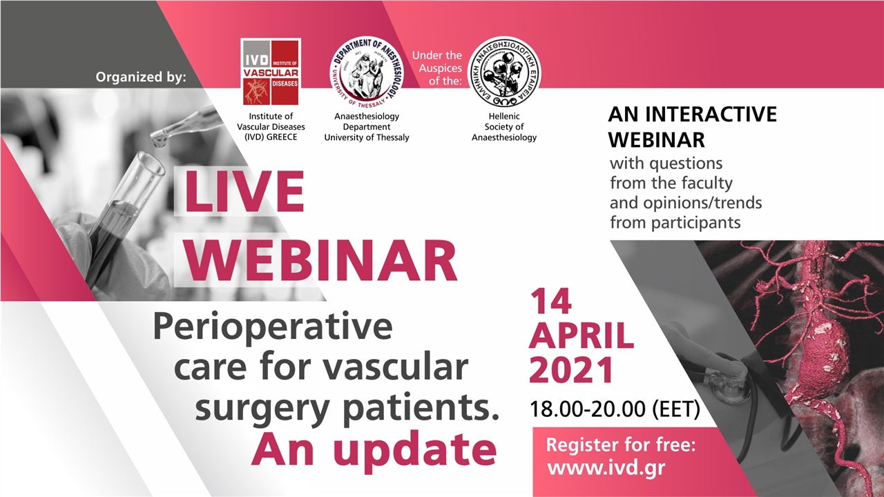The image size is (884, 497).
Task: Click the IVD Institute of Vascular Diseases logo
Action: [x=270, y=72]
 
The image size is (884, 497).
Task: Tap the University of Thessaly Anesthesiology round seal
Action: [x=367, y=73]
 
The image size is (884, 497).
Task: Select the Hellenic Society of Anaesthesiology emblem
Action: [x=503, y=72]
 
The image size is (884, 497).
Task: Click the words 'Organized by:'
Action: [x=142, y=77]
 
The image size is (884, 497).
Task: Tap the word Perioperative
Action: [x=272, y=327]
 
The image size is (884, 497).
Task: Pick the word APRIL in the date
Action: [x=582, y=336]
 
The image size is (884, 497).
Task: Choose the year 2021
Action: [x=571, y=371]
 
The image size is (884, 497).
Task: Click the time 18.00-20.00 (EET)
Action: [x=615, y=409]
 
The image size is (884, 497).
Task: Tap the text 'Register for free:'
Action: [x=620, y=445]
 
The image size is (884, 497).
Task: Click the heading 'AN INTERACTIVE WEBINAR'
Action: [x=692, y=126]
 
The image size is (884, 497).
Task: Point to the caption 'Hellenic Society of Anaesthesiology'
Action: [x=504, y=127]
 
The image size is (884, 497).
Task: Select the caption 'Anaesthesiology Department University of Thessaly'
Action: [x=367, y=127]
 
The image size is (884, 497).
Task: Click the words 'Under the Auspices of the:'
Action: [x=436, y=68]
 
